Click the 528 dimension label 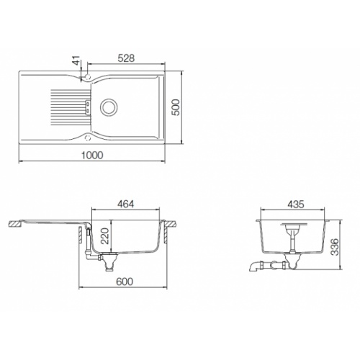[x=126, y=58]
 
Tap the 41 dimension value [x=76, y=60]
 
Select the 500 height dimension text [x=176, y=107]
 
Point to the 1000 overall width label [x=92, y=156]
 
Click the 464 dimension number [x=125, y=204]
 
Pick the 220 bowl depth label [x=105, y=236]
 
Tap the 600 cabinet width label [x=125, y=282]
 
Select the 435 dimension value [x=296, y=204]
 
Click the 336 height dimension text [x=334, y=247]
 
